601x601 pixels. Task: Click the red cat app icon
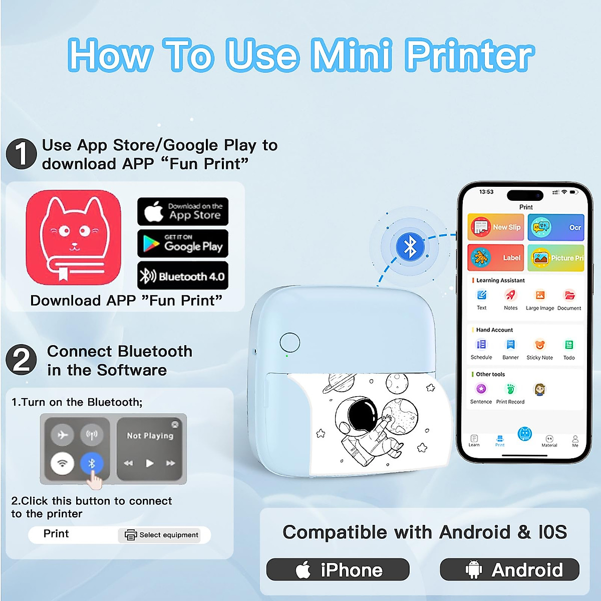pyautogui.click(x=74, y=237)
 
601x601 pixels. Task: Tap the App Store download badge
pyautogui.click(x=183, y=211)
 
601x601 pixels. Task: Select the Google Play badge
pyautogui.click(x=183, y=243)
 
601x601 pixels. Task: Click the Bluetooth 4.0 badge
pyautogui.click(x=183, y=276)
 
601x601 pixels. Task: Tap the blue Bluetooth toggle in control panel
pyautogui.click(x=92, y=463)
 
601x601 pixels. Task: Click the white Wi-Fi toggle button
pyautogui.click(x=63, y=463)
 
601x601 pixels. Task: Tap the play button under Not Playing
pyautogui.click(x=149, y=463)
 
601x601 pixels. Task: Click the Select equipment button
pyautogui.click(x=160, y=535)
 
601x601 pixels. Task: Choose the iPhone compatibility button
pyautogui.click(x=338, y=570)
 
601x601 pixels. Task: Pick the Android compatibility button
pyautogui.click(x=509, y=570)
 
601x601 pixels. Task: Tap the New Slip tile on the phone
pyautogui.click(x=496, y=227)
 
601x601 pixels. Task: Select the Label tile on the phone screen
pyautogui.click(x=496, y=257)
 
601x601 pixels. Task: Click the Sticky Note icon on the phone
pyautogui.click(x=539, y=346)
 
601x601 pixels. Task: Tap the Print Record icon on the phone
pyautogui.click(x=510, y=390)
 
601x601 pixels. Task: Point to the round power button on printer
pyautogui.click(x=289, y=343)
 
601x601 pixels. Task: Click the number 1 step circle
pyautogui.click(x=21, y=154)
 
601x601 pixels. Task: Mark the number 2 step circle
pyautogui.click(x=21, y=360)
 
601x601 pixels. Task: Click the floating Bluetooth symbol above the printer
pyautogui.click(x=410, y=246)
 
